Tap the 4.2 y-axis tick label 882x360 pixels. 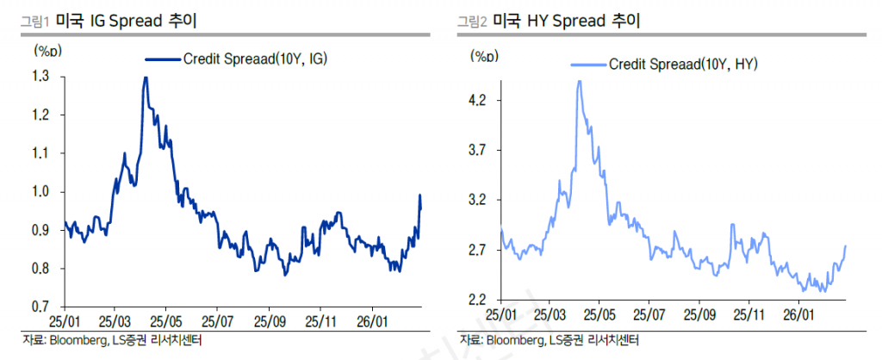[476, 100]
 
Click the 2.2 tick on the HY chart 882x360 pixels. [476, 300]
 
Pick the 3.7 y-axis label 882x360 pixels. [476, 150]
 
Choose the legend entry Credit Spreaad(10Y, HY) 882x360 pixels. [682, 64]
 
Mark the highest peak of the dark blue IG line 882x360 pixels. [145, 78]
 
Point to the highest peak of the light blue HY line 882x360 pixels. [579, 81]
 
